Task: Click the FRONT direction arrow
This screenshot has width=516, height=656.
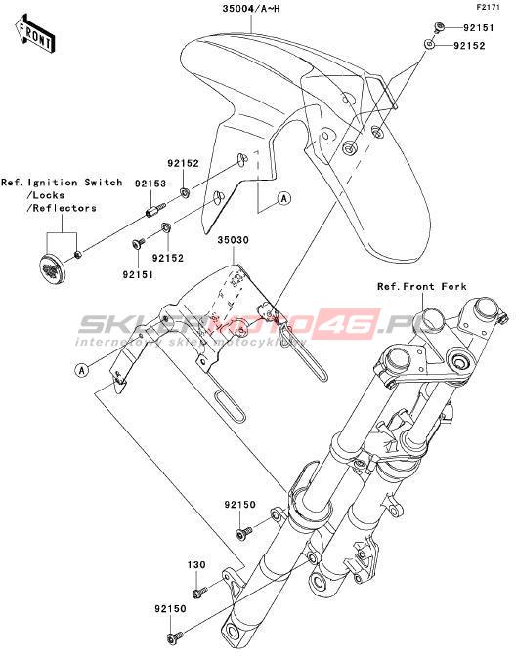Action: (35, 34)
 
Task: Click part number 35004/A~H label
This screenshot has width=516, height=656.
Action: (251, 8)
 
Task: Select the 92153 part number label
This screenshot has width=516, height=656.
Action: (150, 184)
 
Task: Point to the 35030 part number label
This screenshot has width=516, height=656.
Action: (233, 240)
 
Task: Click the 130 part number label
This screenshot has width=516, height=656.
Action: (196, 565)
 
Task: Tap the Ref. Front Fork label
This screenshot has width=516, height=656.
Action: (422, 287)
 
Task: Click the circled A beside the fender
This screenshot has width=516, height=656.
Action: (284, 198)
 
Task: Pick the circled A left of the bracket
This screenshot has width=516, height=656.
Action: (82, 370)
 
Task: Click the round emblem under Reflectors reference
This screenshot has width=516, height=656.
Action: (51, 266)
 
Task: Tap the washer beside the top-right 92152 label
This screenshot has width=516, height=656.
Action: (428, 44)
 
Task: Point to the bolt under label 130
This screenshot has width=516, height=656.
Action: (199, 592)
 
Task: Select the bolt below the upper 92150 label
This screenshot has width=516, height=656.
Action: (243, 532)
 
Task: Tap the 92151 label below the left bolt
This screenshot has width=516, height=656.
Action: (138, 275)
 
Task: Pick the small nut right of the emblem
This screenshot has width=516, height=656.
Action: (77, 255)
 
